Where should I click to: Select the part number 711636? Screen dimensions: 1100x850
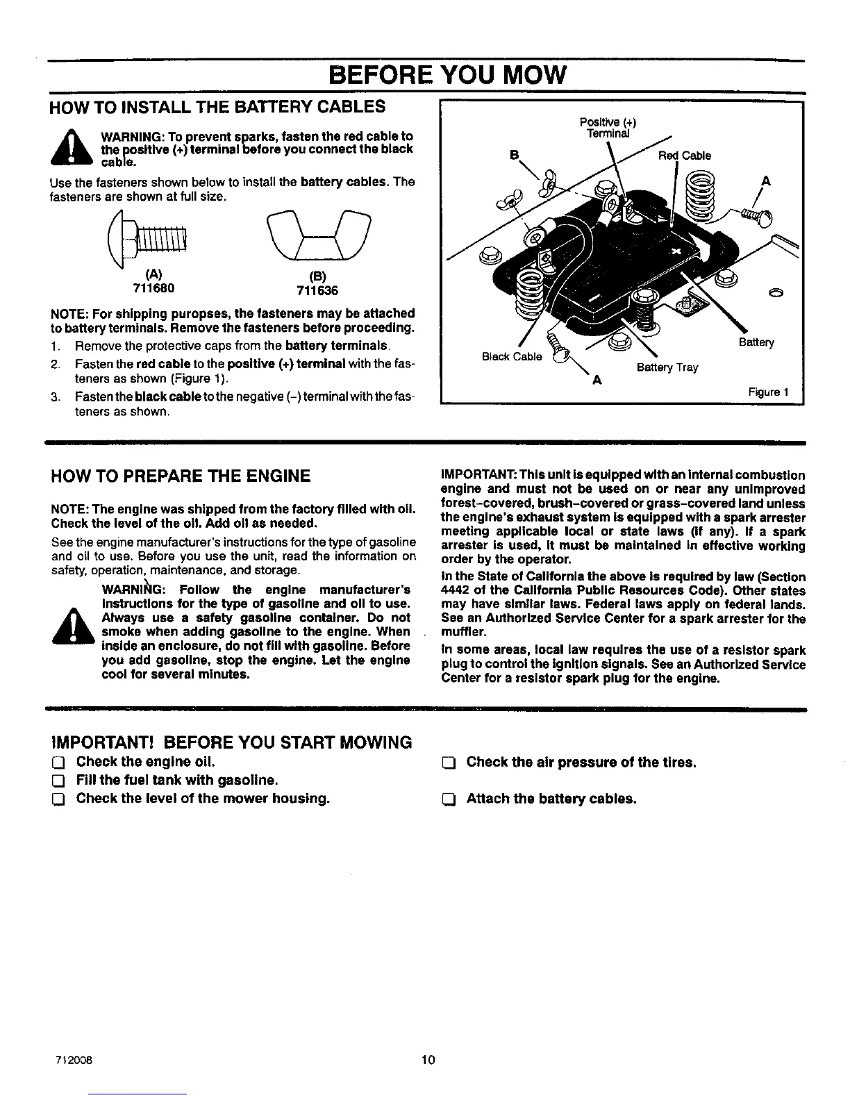point(309,290)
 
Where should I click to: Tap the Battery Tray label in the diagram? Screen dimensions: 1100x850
point(667,367)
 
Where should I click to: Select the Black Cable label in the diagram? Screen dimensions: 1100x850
point(512,356)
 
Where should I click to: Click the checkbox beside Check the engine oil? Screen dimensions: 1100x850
point(58,762)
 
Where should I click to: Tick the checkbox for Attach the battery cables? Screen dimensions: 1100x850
point(448,799)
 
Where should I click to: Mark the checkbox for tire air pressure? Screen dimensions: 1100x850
point(448,762)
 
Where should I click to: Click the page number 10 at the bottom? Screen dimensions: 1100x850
point(427,1060)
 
